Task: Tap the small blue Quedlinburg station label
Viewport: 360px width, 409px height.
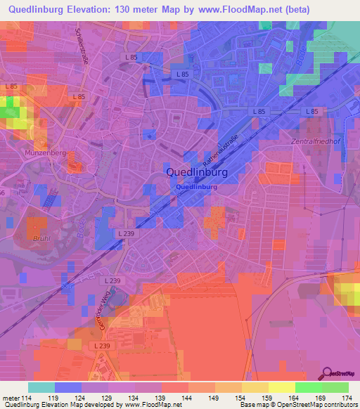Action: (196, 188)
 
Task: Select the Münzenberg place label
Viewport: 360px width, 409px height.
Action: (45, 152)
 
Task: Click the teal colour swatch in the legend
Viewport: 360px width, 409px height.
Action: (41, 387)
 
